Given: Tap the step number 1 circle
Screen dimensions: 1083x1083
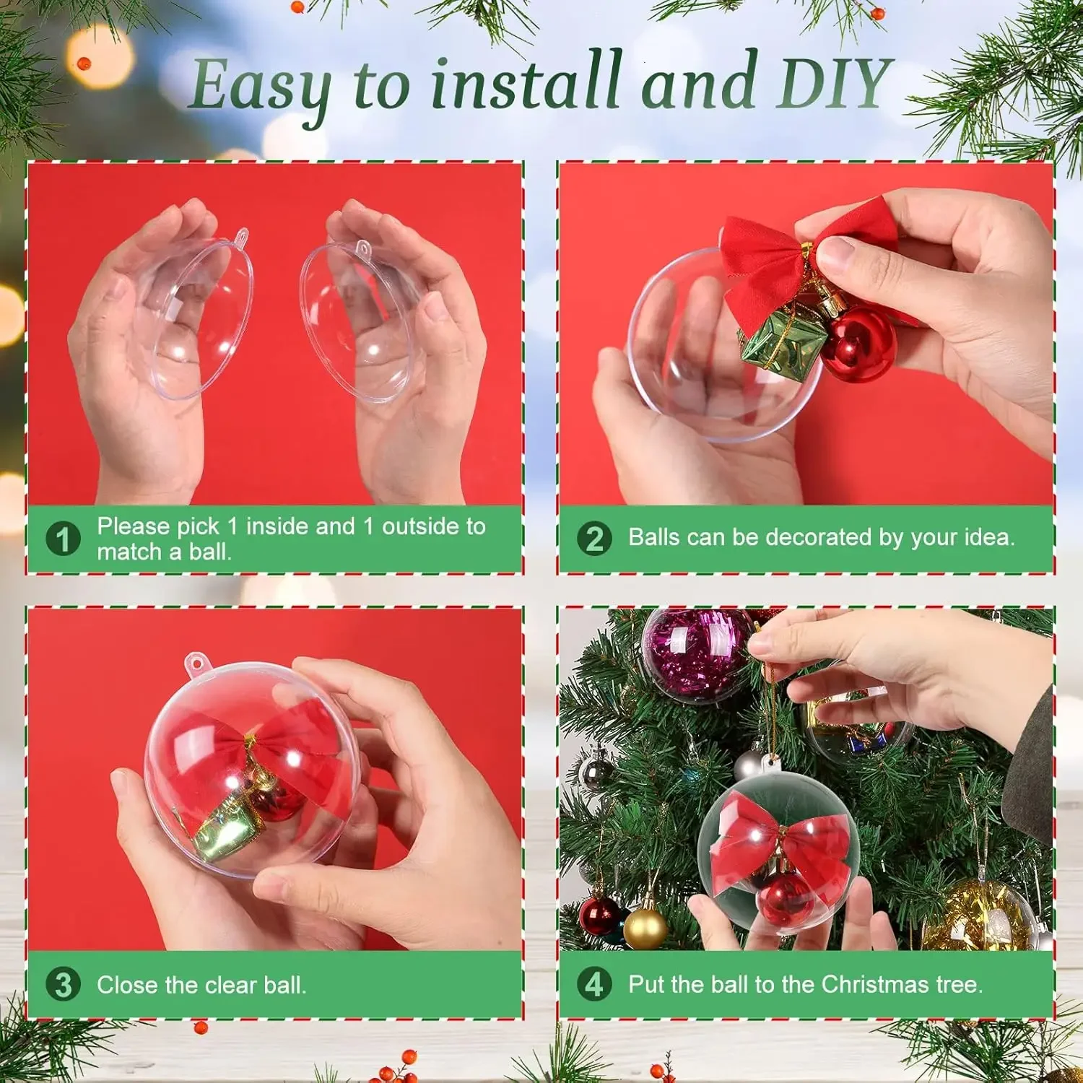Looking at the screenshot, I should [x=63, y=539].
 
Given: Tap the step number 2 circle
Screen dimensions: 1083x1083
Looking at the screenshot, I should [x=594, y=539].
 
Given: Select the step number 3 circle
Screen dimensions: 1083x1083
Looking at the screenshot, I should [x=63, y=984].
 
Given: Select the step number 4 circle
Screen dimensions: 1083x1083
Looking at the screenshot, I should [x=593, y=983].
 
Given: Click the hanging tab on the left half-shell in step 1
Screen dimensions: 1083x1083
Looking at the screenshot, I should [x=241, y=235].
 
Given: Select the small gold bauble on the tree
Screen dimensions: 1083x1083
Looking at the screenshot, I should [x=644, y=928].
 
